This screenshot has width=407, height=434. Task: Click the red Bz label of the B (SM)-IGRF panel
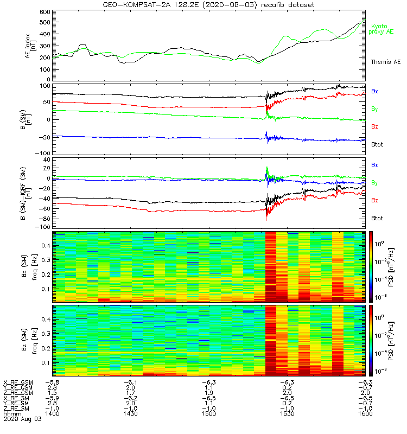click(375, 200)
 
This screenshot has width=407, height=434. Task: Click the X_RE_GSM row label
click(18, 382)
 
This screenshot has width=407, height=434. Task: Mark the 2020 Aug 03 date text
click(22, 419)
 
